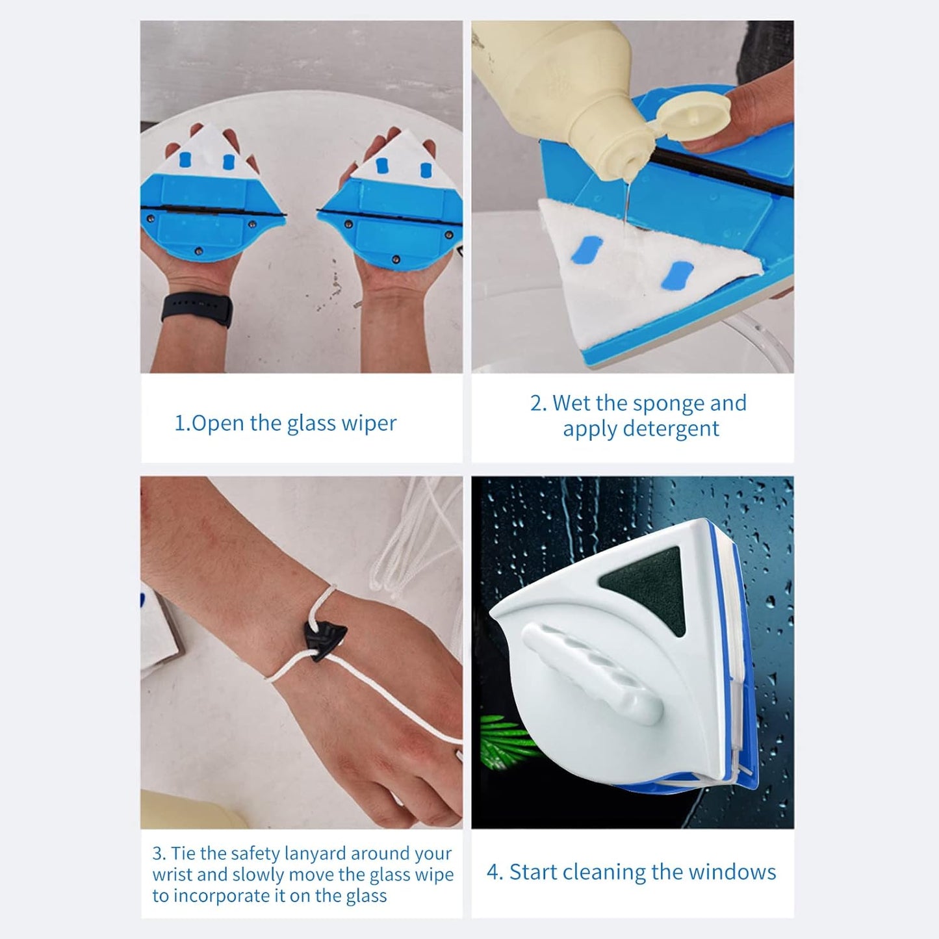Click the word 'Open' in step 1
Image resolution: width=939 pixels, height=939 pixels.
(x=218, y=423)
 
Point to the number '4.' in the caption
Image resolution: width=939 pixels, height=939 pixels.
(x=495, y=872)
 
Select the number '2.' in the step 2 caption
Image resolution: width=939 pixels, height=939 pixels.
(x=539, y=404)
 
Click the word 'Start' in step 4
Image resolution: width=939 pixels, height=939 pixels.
(x=533, y=872)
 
